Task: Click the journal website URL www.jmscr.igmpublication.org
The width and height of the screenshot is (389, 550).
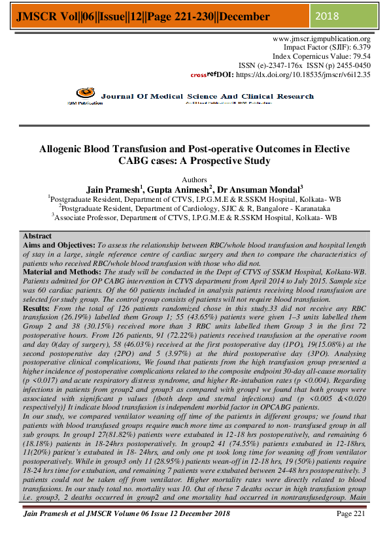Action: (x=321, y=39)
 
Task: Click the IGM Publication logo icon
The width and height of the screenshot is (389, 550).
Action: (x=83, y=95)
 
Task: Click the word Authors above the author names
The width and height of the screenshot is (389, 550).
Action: (x=194, y=179)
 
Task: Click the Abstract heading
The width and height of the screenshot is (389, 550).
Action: (x=37, y=235)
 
